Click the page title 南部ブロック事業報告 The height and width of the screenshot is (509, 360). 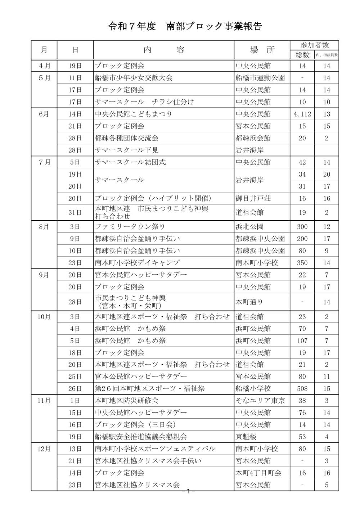click(214, 27)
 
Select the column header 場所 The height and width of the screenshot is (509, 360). click(262, 50)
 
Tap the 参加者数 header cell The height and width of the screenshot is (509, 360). click(314, 45)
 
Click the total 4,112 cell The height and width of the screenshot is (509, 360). click(302, 114)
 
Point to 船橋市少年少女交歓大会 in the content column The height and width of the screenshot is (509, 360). click(134, 78)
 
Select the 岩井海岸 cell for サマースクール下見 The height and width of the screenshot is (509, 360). click(249, 150)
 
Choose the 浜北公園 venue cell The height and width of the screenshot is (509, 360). click(249, 227)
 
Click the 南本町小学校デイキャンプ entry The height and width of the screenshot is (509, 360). click(137, 263)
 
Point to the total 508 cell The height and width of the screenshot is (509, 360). click(302, 389)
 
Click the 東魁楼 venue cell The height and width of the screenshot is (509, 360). click(246, 437)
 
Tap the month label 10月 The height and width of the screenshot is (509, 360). click(44, 317)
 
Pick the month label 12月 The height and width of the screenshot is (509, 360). click(44, 449)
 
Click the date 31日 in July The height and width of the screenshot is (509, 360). click(75, 212)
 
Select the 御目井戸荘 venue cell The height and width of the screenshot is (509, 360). click(253, 198)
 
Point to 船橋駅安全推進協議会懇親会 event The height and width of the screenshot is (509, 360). click(140, 437)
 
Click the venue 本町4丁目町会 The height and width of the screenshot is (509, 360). click(258, 473)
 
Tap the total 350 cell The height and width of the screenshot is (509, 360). click(302, 263)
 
